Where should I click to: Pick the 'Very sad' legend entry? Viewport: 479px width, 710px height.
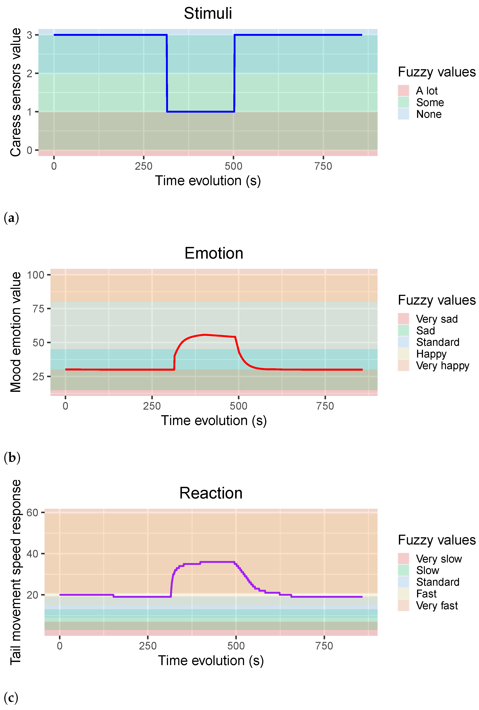pos(436,319)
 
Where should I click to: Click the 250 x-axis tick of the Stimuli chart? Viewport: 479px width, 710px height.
pos(144,166)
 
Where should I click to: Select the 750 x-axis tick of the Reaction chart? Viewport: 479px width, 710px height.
pos(324,646)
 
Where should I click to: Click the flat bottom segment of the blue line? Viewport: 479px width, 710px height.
pos(200,111)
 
